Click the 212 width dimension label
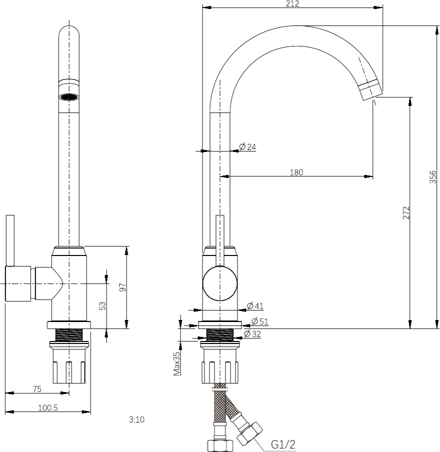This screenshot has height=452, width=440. coord(292,3)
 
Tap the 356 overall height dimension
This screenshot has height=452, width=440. coord(433,177)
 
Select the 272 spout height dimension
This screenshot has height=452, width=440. coord(406,212)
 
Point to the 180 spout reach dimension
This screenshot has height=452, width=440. coord(296,172)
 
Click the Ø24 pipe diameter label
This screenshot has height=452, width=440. coord(247,146)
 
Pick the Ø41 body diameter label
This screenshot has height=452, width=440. coord(255,306)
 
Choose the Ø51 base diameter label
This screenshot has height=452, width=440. coord(260,321)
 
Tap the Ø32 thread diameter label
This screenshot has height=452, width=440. coord(252,334)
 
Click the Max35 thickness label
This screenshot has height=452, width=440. coord(176,363)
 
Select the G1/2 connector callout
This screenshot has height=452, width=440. coord(283,444)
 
